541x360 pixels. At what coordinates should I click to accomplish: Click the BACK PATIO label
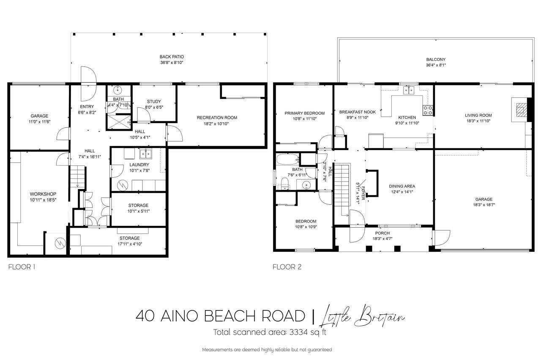point(172,57)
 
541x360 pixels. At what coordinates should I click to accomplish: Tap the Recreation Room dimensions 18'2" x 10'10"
point(216,124)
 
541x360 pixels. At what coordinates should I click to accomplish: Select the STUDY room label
point(154,102)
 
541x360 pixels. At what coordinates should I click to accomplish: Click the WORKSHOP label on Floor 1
point(43,194)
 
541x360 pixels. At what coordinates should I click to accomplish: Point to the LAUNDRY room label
point(139,165)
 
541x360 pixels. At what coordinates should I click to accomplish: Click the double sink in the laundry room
point(146,154)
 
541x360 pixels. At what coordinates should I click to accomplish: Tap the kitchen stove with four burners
point(427,110)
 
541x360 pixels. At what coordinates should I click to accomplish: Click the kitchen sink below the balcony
point(409,90)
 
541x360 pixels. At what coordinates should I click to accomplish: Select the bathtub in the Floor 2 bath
point(287,159)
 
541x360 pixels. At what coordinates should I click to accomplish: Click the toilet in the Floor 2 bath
point(285,184)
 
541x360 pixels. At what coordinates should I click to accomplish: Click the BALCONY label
point(436,60)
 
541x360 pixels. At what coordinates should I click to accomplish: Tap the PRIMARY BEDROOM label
point(305,113)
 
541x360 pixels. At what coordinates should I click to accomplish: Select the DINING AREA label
point(402,186)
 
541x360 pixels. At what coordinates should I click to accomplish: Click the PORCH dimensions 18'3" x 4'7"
point(383,239)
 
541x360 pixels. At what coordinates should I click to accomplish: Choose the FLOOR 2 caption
point(287,267)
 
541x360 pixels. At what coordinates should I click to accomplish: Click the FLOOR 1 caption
point(22,267)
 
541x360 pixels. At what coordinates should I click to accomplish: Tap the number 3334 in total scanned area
point(298,332)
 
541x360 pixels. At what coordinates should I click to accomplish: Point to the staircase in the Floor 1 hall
point(78,176)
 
